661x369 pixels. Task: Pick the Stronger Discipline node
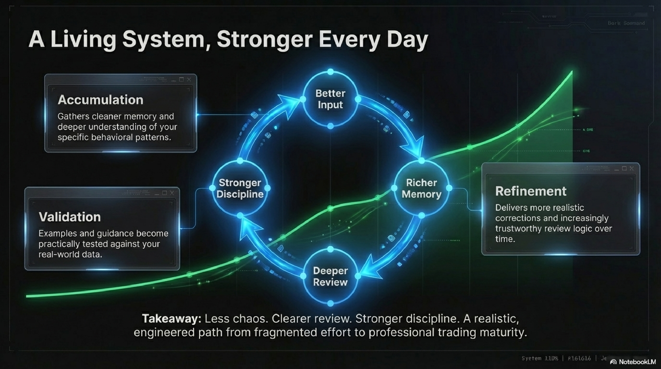pos(240,188)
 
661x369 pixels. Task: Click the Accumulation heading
pos(100,100)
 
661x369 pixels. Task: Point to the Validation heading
pos(70,217)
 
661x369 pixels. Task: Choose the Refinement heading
pos(531,191)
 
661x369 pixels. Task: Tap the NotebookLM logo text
pos(637,362)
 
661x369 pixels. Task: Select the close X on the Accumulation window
pos(189,80)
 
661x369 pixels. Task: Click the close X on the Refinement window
pos(631,168)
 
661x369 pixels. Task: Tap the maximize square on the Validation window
pos(164,193)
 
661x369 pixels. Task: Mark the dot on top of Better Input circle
pos(331,71)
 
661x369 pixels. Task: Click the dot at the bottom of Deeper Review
pos(331,303)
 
